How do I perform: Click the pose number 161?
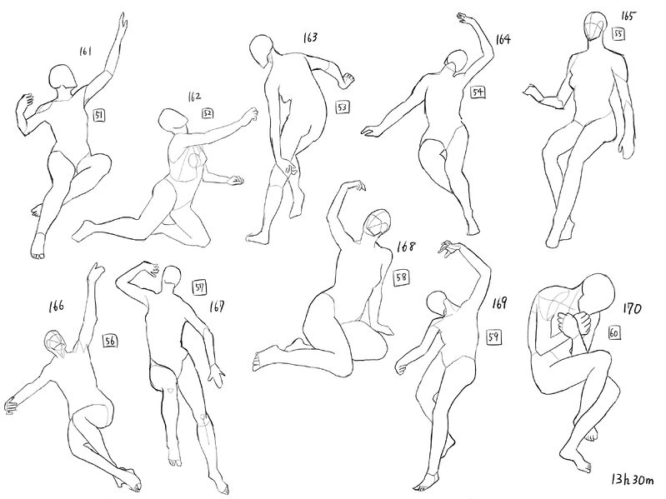click(x=85, y=52)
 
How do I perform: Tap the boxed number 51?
click(x=99, y=115)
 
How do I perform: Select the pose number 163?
click(x=310, y=37)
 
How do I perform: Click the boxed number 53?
click(x=343, y=107)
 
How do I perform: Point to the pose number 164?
click(x=503, y=39)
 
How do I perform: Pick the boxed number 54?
click(x=478, y=92)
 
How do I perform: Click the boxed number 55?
click(x=618, y=33)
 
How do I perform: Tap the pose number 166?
click(x=56, y=306)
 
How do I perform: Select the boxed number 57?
click(x=199, y=287)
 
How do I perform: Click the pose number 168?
click(x=406, y=247)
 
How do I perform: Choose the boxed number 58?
click(x=402, y=278)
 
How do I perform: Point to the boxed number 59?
click(x=493, y=337)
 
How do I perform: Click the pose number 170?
click(x=632, y=308)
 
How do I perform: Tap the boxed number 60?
click(x=613, y=333)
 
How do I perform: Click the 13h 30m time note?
click(x=633, y=480)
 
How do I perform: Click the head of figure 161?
click(x=63, y=77)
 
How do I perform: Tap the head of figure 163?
click(x=261, y=50)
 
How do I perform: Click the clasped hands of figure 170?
click(x=573, y=324)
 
